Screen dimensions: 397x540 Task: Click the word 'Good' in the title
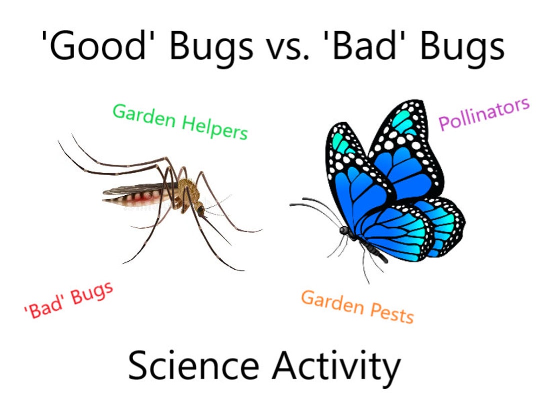98,46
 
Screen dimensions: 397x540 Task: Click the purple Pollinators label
483,114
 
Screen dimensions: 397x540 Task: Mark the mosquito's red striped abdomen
135,199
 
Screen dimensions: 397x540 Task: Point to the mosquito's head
199,210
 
